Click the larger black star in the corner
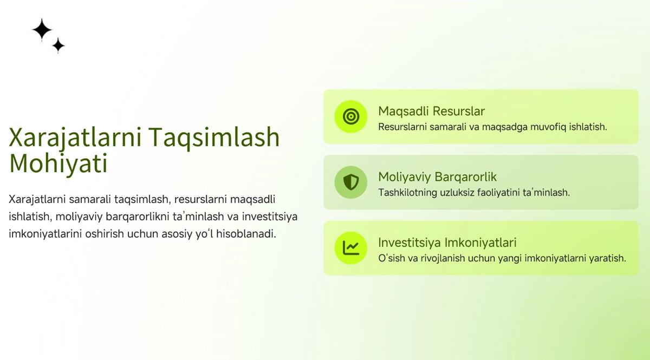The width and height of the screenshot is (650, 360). [x=42, y=29]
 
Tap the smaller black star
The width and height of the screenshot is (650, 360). [x=58, y=45]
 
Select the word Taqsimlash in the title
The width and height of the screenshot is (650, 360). [x=214, y=138]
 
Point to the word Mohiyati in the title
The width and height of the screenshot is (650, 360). [x=58, y=163]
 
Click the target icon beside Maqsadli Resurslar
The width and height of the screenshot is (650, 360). [x=351, y=116]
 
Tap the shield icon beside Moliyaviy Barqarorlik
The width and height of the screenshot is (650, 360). [x=351, y=182]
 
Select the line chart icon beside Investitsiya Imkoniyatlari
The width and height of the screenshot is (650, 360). [x=351, y=248]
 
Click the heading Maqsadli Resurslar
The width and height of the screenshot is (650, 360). [x=432, y=112]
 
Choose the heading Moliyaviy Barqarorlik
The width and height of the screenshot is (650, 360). [x=437, y=177]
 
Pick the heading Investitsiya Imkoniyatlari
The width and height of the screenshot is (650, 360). [x=447, y=243]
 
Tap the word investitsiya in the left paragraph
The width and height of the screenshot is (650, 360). [x=270, y=217]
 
